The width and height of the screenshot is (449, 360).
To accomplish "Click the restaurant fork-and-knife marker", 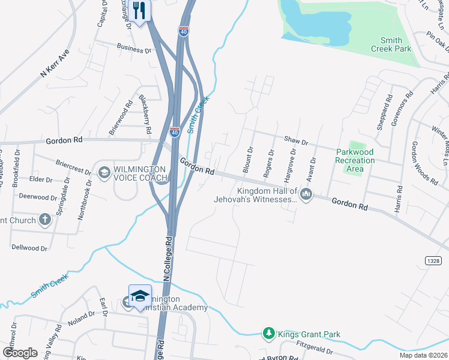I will [x=139, y=11].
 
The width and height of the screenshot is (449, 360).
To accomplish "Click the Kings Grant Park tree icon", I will [x=270, y=334].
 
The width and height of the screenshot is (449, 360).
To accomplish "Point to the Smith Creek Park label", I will [x=391, y=44].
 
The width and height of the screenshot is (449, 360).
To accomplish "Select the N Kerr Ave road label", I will [x=55, y=65].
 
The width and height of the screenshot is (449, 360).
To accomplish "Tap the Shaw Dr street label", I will [x=295, y=142].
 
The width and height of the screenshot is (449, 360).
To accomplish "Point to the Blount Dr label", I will [x=247, y=160].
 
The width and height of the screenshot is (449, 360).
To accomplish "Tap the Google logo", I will [x=20, y=352].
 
